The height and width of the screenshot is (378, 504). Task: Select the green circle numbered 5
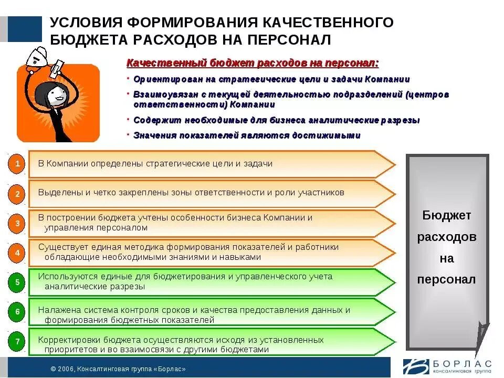(17, 282)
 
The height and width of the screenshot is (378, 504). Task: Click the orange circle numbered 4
(17, 253)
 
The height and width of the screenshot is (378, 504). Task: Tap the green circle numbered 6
(17, 312)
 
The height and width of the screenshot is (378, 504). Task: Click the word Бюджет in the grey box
(447, 215)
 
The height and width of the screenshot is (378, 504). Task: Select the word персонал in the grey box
(447, 279)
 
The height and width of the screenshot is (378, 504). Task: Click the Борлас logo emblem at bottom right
(415, 366)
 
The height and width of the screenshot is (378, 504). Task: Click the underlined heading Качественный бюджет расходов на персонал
(253, 64)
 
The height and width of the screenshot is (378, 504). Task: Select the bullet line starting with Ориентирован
(271, 79)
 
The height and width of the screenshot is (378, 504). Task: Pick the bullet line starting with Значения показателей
(247, 135)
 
